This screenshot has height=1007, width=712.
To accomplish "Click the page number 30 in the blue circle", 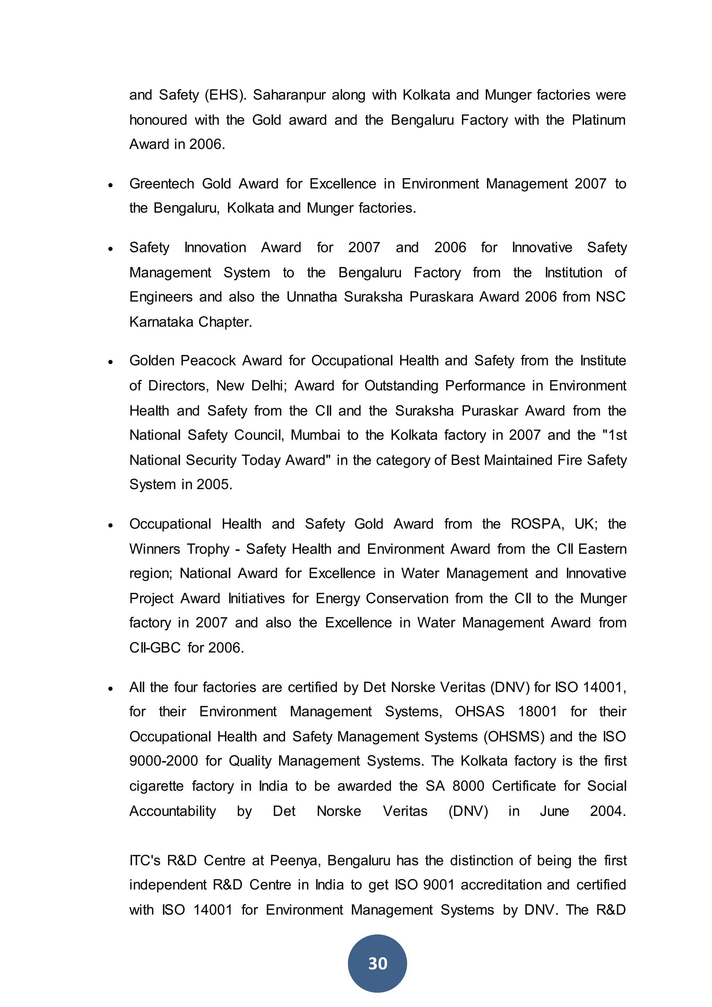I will coord(377,964).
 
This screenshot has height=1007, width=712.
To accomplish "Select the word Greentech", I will coord(161,184).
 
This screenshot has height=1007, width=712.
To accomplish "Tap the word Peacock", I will coord(208,361).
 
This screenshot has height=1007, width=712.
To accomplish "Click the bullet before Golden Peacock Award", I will coord(111,362).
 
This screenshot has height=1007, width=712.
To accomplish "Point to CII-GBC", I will coord(155,648).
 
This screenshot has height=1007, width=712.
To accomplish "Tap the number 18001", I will coord(537,711).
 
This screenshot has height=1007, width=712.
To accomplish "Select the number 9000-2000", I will coord(163,761).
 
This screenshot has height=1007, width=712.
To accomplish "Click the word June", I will coord(554,811).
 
